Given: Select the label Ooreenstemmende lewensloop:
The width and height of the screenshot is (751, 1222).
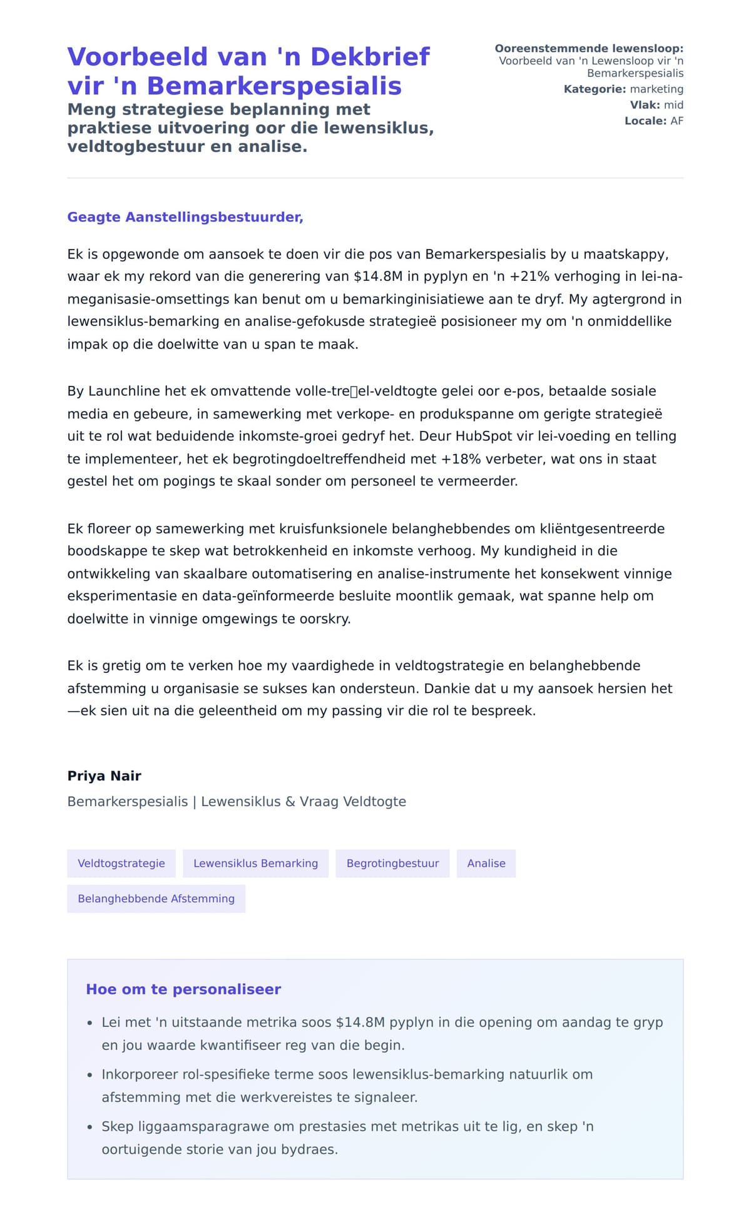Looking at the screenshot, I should pos(588,49).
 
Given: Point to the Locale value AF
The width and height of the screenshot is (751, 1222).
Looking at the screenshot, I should pos(677,121).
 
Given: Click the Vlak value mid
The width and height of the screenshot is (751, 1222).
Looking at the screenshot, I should pos(673,105).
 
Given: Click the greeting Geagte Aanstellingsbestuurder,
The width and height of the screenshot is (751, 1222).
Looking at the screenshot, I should pos(185,217).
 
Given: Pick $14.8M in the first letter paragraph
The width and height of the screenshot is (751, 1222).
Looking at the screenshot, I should pos(377,276).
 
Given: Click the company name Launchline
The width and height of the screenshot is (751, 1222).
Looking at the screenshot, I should pos(124,391).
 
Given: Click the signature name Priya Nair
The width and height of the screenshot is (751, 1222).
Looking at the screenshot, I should pos(104,776).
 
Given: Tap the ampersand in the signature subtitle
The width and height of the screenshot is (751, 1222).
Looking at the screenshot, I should pos(290,802).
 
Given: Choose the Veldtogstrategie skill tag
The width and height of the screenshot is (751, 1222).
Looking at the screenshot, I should pos(121,864).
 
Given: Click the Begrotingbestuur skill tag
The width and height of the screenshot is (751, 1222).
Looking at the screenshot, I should pos(392,864).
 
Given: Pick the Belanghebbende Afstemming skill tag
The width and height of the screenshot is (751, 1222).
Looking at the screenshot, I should pos(156,899).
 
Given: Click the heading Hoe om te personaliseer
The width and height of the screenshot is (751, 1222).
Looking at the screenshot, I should pos(183,989).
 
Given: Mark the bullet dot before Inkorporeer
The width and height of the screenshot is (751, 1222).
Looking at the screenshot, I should pos(89,1076).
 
